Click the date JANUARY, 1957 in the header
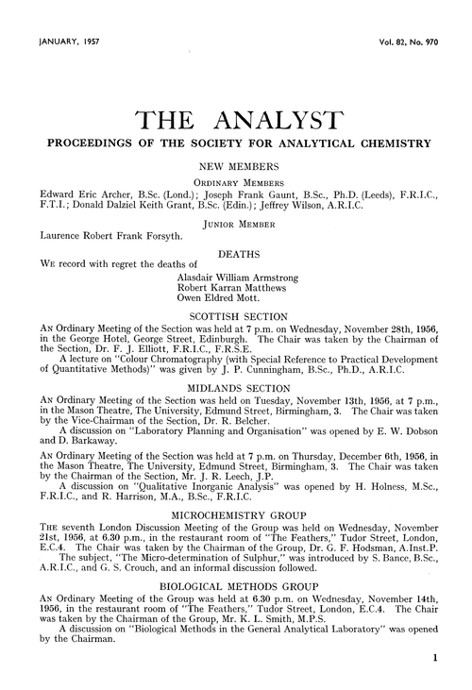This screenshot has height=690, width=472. tap(70, 42)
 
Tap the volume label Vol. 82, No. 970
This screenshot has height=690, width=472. tap(411, 42)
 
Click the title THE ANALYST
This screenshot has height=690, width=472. tap(235, 121)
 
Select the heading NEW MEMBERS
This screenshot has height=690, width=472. tap(235, 164)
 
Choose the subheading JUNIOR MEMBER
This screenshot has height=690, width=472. tap(235, 225)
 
